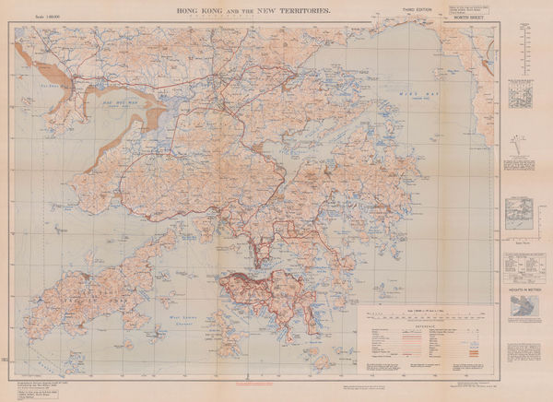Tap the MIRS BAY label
click(x=411, y=93)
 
